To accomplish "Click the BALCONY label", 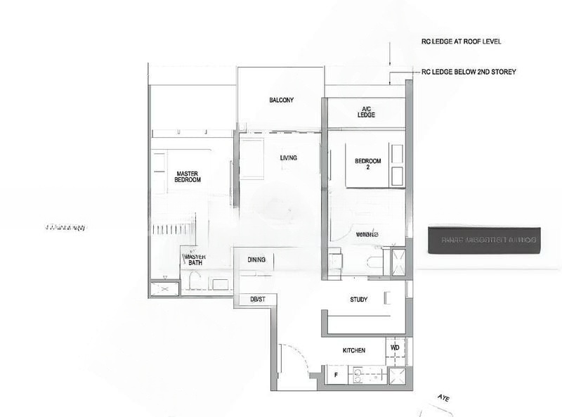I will [x=281, y=101].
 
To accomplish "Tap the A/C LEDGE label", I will [x=366, y=112].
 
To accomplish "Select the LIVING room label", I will [x=288, y=158].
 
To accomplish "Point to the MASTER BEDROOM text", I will [x=188, y=177].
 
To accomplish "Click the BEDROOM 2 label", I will [x=367, y=164].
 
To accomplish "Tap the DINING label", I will [x=256, y=260].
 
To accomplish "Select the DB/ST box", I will [x=257, y=300].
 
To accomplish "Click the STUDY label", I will [x=358, y=300].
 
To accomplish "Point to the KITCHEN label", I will [x=353, y=350].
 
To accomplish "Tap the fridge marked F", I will [x=336, y=376].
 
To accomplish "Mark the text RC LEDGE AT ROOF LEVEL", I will [x=460, y=41].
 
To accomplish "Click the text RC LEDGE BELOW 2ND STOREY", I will [x=469, y=72].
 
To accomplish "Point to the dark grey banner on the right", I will [x=484, y=240].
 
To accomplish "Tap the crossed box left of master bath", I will [x=164, y=288].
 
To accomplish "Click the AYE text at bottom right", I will [x=443, y=397].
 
